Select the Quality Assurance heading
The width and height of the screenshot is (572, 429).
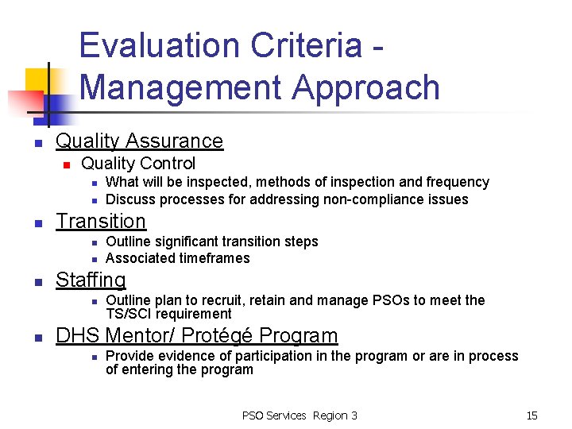coord(139,141)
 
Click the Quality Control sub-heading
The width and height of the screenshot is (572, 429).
coord(138,164)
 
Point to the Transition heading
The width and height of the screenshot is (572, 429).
coord(101,222)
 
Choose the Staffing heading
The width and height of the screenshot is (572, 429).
coord(91,280)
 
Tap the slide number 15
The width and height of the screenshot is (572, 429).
coord(531,415)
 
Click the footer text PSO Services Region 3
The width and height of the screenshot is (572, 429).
coord(300,415)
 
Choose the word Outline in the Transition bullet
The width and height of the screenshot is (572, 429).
coord(128,242)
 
